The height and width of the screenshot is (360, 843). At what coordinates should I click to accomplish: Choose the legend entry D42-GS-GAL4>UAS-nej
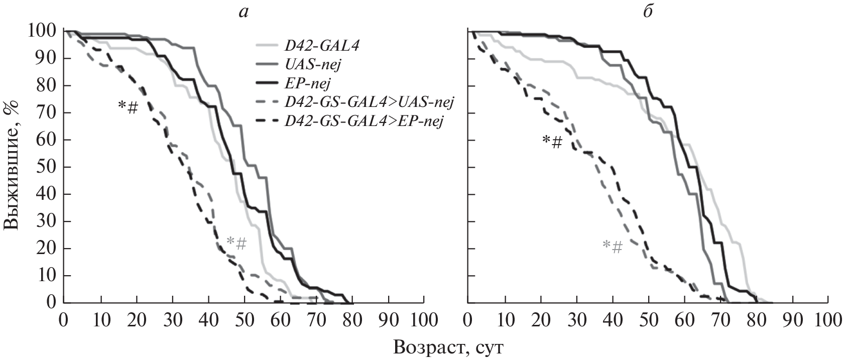coord(369,103)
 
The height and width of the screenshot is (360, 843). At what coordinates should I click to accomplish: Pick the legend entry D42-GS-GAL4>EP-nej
coord(365,121)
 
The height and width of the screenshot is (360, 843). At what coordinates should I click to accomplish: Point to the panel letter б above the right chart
coord(648,12)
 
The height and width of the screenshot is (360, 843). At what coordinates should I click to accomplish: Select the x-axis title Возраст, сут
coord(449,347)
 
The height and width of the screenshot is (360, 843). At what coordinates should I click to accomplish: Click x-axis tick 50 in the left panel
coord(244,320)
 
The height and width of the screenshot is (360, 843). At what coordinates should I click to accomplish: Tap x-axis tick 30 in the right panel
coord(576,320)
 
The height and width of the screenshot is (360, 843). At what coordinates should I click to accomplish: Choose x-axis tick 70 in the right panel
coord(720,320)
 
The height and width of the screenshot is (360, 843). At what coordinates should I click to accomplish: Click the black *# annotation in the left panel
coord(128,107)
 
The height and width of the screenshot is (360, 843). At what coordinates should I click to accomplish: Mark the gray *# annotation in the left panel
coord(236,243)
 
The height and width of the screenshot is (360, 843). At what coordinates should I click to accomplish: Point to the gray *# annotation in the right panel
coord(613,247)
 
